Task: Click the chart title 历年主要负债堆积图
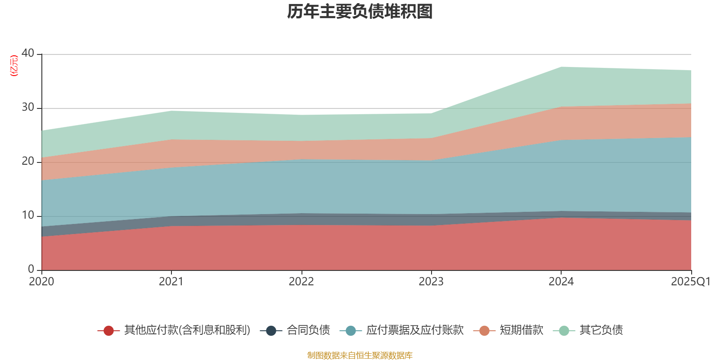click(360, 12)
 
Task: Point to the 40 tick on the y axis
click(28, 53)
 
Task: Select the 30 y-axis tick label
click(28, 107)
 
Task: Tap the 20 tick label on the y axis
click(28, 161)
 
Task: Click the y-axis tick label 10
click(28, 215)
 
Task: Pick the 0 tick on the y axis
click(31, 269)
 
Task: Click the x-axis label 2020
click(41, 282)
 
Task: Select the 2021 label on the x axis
click(171, 282)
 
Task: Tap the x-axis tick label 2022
click(301, 282)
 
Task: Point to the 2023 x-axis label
click(431, 282)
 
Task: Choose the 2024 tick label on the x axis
click(561, 282)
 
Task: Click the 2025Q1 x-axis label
click(690, 282)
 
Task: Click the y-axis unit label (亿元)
click(14, 66)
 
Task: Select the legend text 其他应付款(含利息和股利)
click(187, 330)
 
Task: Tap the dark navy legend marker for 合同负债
click(271, 331)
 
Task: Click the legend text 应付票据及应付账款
click(414, 330)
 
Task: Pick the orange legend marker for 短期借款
click(484, 331)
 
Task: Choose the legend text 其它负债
click(601, 330)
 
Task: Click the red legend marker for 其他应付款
click(108, 331)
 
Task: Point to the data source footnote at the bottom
click(360, 355)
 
